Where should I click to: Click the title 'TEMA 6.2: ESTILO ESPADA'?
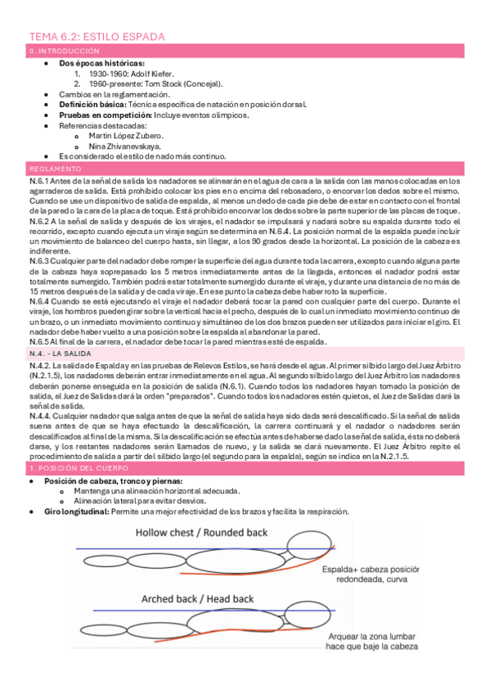coord(97,37)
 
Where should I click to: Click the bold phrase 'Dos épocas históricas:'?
coord(103,62)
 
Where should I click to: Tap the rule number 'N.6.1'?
coord(38,181)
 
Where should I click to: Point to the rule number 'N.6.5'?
coord(38,342)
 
